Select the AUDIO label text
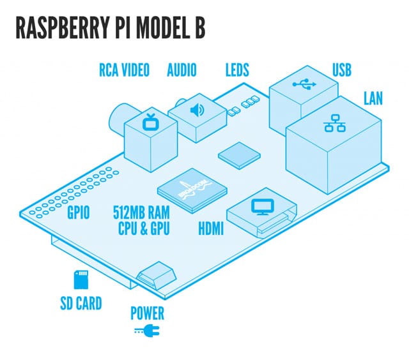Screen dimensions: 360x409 181,70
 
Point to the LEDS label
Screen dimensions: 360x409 238,70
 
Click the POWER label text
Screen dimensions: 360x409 147,314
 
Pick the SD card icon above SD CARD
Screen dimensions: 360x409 81,280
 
